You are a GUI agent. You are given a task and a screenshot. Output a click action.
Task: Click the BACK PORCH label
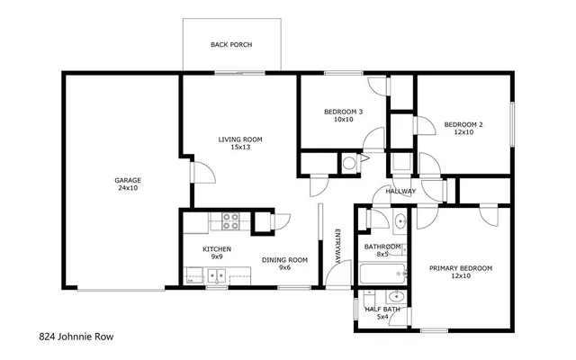[x=231, y=44]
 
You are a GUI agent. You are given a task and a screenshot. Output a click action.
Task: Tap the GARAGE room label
[x=127, y=180]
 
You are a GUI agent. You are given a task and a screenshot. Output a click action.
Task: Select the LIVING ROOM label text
[x=240, y=139]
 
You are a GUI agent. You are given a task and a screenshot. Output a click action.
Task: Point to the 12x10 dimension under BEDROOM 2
[x=463, y=132]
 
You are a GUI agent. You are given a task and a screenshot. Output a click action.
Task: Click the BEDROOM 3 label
[x=343, y=112]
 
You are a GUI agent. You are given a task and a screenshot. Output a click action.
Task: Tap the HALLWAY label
[x=400, y=191]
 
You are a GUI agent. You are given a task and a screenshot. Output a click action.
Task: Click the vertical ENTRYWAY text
[x=338, y=244]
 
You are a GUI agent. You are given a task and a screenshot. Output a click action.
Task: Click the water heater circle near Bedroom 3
[x=349, y=162]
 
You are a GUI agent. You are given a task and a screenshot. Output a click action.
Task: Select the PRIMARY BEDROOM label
[x=461, y=268]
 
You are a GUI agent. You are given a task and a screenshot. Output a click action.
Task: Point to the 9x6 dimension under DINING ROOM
[x=285, y=268]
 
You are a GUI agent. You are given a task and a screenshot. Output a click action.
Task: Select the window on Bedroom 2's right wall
[x=512, y=123]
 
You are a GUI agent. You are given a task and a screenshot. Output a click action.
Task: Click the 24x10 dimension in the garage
[x=127, y=188]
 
